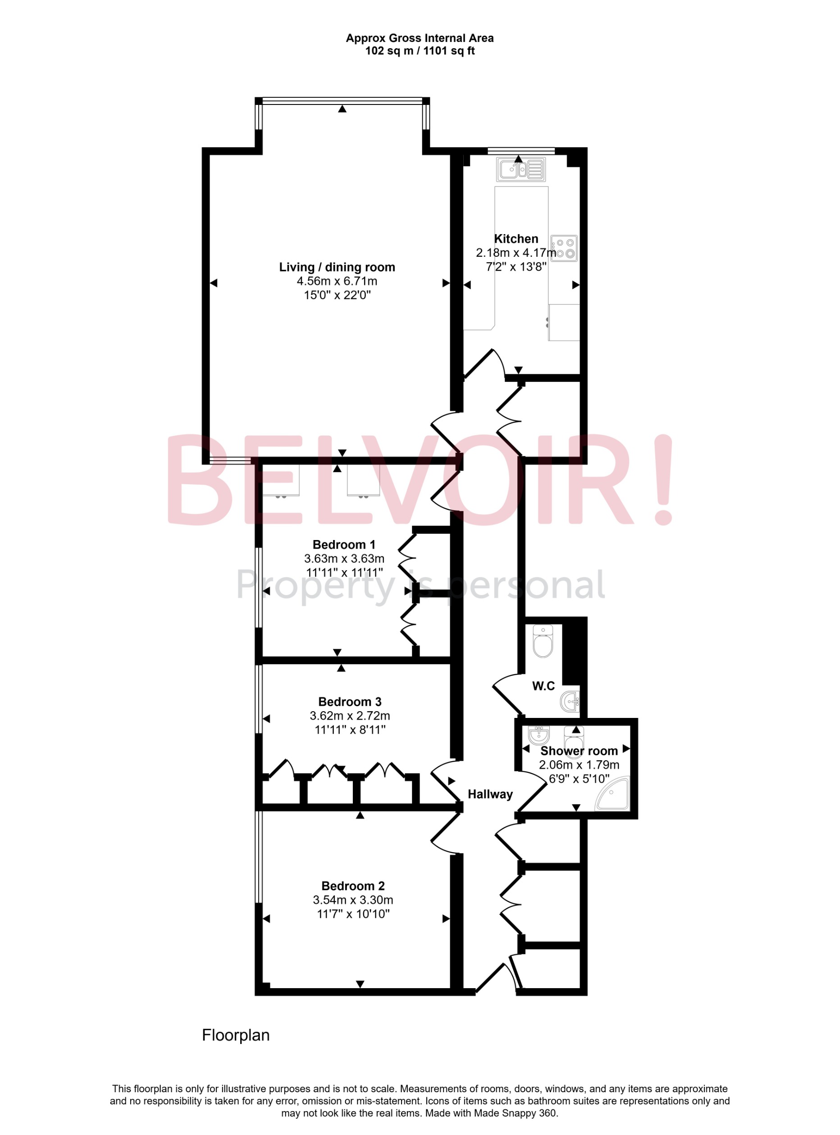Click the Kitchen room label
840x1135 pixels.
click(x=516, y=239)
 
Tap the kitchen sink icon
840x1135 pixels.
click(x=520, y=169)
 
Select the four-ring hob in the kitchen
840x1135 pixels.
click(x=564, y=249)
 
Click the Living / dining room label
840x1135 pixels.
click(x=337, y=267)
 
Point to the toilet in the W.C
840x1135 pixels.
click(x=543, y=642)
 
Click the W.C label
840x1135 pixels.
click(x=543, y=686)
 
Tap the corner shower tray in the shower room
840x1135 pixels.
click(x=614, y=793)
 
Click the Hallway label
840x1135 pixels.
click(x=490, y=794)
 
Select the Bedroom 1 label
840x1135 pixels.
click(x=344, y=545)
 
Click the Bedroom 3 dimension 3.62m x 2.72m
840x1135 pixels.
click(x=350, y=716)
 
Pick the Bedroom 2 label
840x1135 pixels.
click(x=353, y=886)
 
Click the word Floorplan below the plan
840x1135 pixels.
click(x=235, y=1035)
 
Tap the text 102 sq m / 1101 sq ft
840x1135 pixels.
click(x=420, y=51)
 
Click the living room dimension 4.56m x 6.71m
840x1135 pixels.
click(x=337, y=281)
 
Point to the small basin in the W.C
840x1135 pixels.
click(x=571, y=702)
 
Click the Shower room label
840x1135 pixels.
click(x=579, y=751)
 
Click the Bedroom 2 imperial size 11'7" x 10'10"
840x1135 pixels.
click(x=353, y=914)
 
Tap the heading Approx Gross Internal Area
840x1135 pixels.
click(x=420, y=38)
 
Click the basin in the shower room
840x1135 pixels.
click(x=539, y=735)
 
